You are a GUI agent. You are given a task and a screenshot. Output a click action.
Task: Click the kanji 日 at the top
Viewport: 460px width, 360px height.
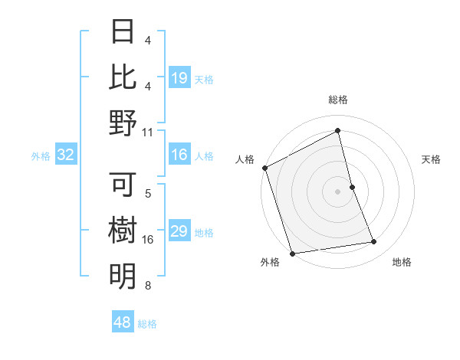123,33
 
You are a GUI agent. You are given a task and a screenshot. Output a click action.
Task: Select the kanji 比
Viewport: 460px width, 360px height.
123,77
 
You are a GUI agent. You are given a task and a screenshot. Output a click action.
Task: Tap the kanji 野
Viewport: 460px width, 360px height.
123,122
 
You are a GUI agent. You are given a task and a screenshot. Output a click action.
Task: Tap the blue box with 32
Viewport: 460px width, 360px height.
66,155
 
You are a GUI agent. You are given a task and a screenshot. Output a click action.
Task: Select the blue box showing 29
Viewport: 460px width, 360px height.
179,232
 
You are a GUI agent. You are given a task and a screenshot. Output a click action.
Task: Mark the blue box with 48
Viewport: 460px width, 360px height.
123,322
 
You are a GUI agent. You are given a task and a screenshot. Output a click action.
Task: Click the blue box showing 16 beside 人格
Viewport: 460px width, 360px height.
179,155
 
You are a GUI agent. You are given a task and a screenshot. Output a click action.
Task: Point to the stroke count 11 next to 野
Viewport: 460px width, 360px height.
148,132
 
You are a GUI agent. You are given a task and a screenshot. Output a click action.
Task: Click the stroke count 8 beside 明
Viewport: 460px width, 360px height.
148,286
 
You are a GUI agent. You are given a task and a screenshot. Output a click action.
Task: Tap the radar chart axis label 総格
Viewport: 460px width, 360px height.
338,100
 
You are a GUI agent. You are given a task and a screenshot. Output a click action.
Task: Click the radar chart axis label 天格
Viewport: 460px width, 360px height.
432,159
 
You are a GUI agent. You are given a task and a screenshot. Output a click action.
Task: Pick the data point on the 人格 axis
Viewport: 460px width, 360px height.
264,168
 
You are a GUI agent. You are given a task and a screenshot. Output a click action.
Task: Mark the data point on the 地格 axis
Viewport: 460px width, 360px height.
374,242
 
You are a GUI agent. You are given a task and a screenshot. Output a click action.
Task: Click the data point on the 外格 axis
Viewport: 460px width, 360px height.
292,254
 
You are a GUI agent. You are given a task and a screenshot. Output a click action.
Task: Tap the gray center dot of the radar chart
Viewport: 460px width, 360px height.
338,191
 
